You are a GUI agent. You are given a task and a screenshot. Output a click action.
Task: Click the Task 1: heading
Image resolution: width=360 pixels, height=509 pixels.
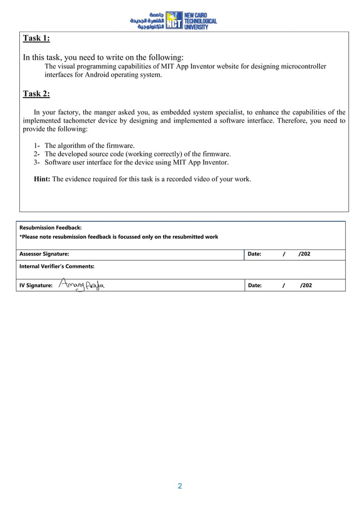36,38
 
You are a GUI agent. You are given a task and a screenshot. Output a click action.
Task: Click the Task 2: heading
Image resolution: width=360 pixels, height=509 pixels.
36,94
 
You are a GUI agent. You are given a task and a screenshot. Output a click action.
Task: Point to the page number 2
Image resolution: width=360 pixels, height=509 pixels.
180,486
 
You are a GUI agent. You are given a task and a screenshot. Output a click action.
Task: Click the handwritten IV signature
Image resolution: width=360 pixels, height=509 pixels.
82,285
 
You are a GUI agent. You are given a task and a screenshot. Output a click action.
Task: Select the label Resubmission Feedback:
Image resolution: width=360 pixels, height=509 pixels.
51,227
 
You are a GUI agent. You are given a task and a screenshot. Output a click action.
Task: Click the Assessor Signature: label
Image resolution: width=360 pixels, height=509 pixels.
45,254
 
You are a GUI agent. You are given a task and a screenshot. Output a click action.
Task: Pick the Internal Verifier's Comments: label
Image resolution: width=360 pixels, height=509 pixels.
57,266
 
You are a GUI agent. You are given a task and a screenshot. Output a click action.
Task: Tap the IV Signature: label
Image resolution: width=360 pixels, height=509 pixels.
36,286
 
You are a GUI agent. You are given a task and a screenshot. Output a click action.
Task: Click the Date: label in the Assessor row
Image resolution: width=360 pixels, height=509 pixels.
254,254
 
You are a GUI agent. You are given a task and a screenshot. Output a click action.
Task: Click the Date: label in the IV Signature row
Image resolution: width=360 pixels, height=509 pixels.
254,286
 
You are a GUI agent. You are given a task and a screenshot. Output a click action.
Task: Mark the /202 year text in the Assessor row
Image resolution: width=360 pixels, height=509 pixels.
304,254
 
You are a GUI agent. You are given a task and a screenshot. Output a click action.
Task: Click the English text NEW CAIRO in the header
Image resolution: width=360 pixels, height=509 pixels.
196,15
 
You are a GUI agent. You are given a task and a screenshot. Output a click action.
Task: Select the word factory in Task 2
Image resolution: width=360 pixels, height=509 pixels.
72,112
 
